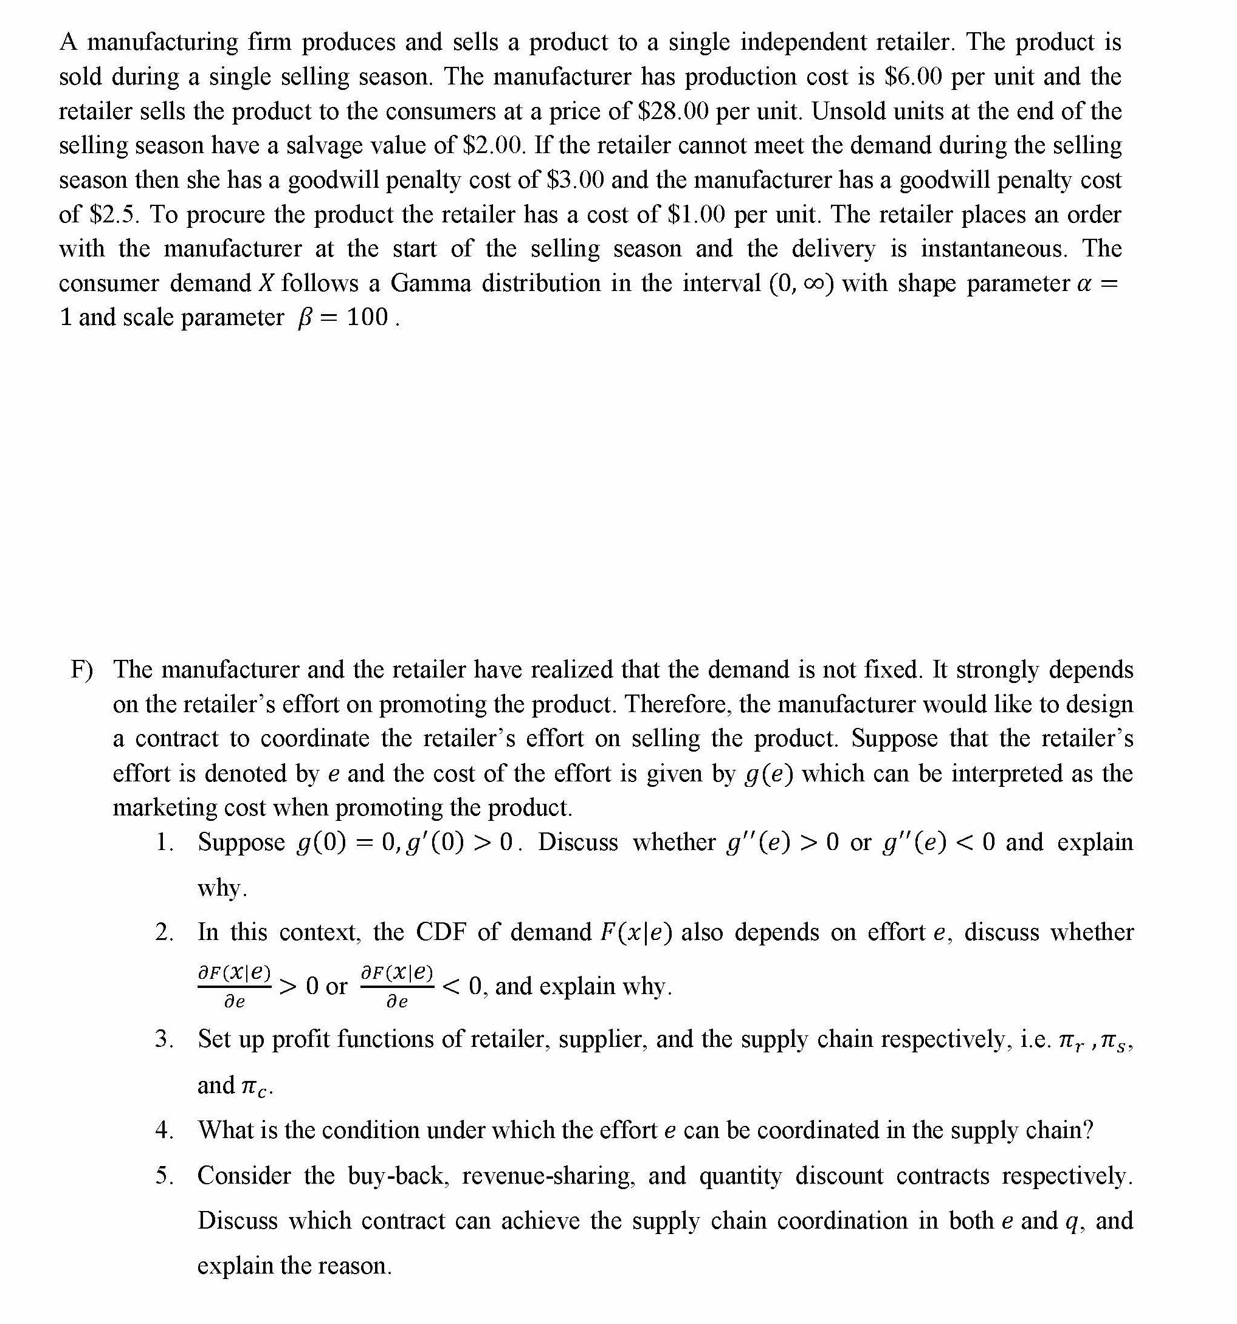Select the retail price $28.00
click(673, 111)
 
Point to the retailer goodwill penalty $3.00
click(575, 180)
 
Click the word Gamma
click(430, 283)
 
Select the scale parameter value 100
click(367, 317)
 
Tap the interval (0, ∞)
click(801, 283)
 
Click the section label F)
click(82, 670)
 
